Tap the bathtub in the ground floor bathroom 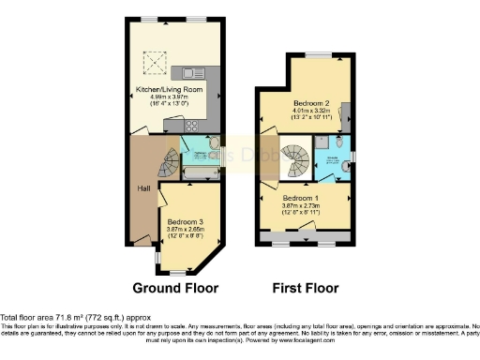tap(198, 172)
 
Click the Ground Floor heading tap(175, 288)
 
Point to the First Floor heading tap(305, 288)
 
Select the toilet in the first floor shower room tap(348, 166)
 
